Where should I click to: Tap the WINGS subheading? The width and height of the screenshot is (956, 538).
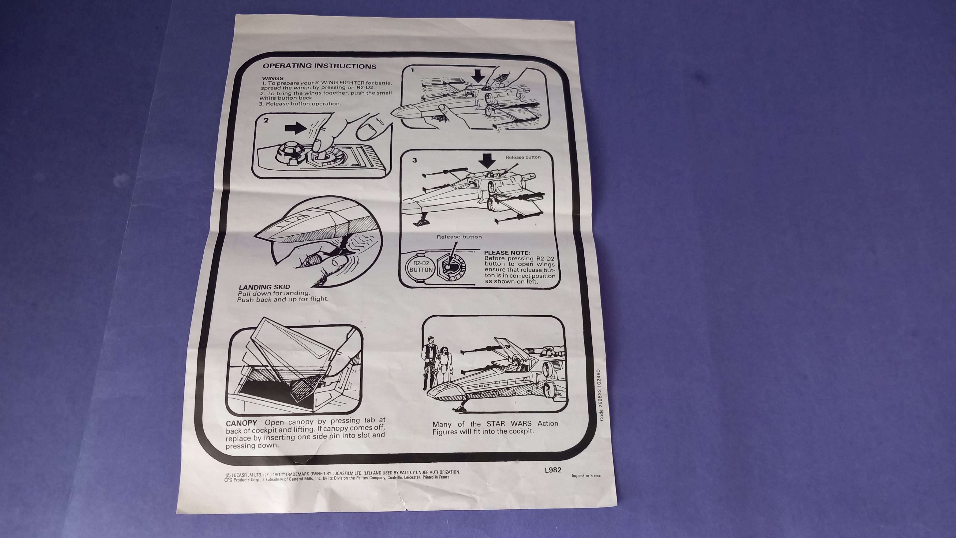(273, 78)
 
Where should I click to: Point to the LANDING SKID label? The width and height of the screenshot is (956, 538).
(264, 287)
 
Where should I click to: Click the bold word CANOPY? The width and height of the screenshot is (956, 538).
(242, 423)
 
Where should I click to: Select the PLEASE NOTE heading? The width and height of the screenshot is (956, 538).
(507, 253)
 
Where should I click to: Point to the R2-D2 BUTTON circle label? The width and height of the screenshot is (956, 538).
(421, 266)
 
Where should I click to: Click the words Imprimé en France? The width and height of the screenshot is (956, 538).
(586, 476)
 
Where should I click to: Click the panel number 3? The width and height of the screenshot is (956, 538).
(415, 160)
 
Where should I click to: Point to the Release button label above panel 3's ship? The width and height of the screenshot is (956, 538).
(523, 157)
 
